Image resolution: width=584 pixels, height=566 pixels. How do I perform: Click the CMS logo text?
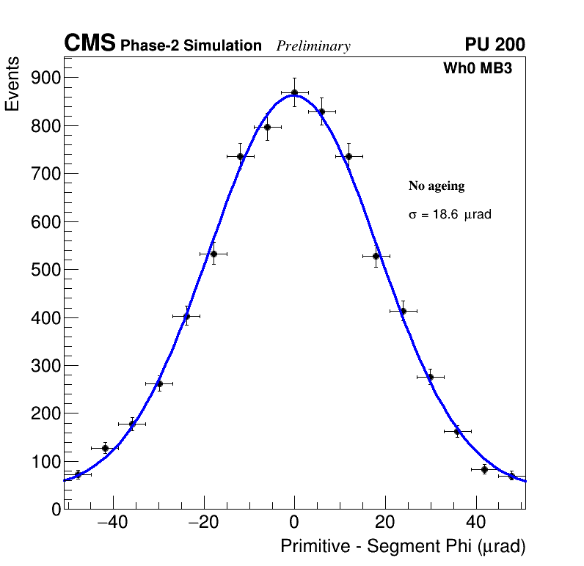pyautogui.click(x=90, y=44)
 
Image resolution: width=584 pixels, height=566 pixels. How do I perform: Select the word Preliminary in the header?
pyautogui.click(x=313, y=47)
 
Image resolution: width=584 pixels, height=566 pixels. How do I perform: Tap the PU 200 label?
pyautogui.click(x=494, y=45)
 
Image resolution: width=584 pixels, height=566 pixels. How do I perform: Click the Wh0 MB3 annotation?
pyautogui.click(x=477, y=69)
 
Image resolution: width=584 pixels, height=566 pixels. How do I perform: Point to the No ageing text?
pyautogui.click(x=437, y=186)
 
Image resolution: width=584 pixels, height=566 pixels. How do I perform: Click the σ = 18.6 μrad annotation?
pyautogui.click(x=449, y=215)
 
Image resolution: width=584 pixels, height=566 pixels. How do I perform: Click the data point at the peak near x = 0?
pyautogui.click(x=294, y=93)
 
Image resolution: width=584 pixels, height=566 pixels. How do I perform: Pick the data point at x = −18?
pyautogui.click(x=213, y=254)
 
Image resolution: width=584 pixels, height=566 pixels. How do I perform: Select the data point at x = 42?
pyautogui.click(x=484, y=469)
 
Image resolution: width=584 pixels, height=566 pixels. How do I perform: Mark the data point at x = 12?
pyautogui.click(x=348, y=156)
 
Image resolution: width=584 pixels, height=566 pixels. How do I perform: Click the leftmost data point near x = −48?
pyautogui.click(x=78, y=474)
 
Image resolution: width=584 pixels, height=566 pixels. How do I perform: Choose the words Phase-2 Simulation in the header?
pyautogui.click(x=191, y=46)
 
